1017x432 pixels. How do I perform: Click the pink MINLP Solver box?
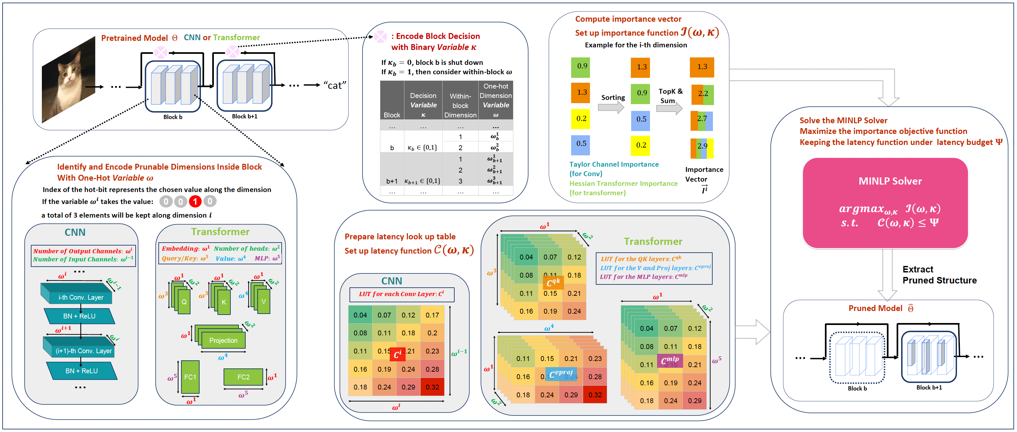pos(885,203)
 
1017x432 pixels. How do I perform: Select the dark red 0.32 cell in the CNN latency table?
pos(432,387)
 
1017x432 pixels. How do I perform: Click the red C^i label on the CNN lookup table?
pos(398,354)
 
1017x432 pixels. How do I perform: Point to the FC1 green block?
pos(190,377)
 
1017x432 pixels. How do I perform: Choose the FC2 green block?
pos(243,377)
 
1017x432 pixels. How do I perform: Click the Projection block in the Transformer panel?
pos(224,340)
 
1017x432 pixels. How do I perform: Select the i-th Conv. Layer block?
pos(80,297)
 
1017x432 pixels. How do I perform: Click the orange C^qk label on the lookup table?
pos(554,282)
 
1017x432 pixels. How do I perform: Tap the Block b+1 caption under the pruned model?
pos(929,388)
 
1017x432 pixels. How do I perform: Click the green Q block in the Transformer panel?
pos(184,302)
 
